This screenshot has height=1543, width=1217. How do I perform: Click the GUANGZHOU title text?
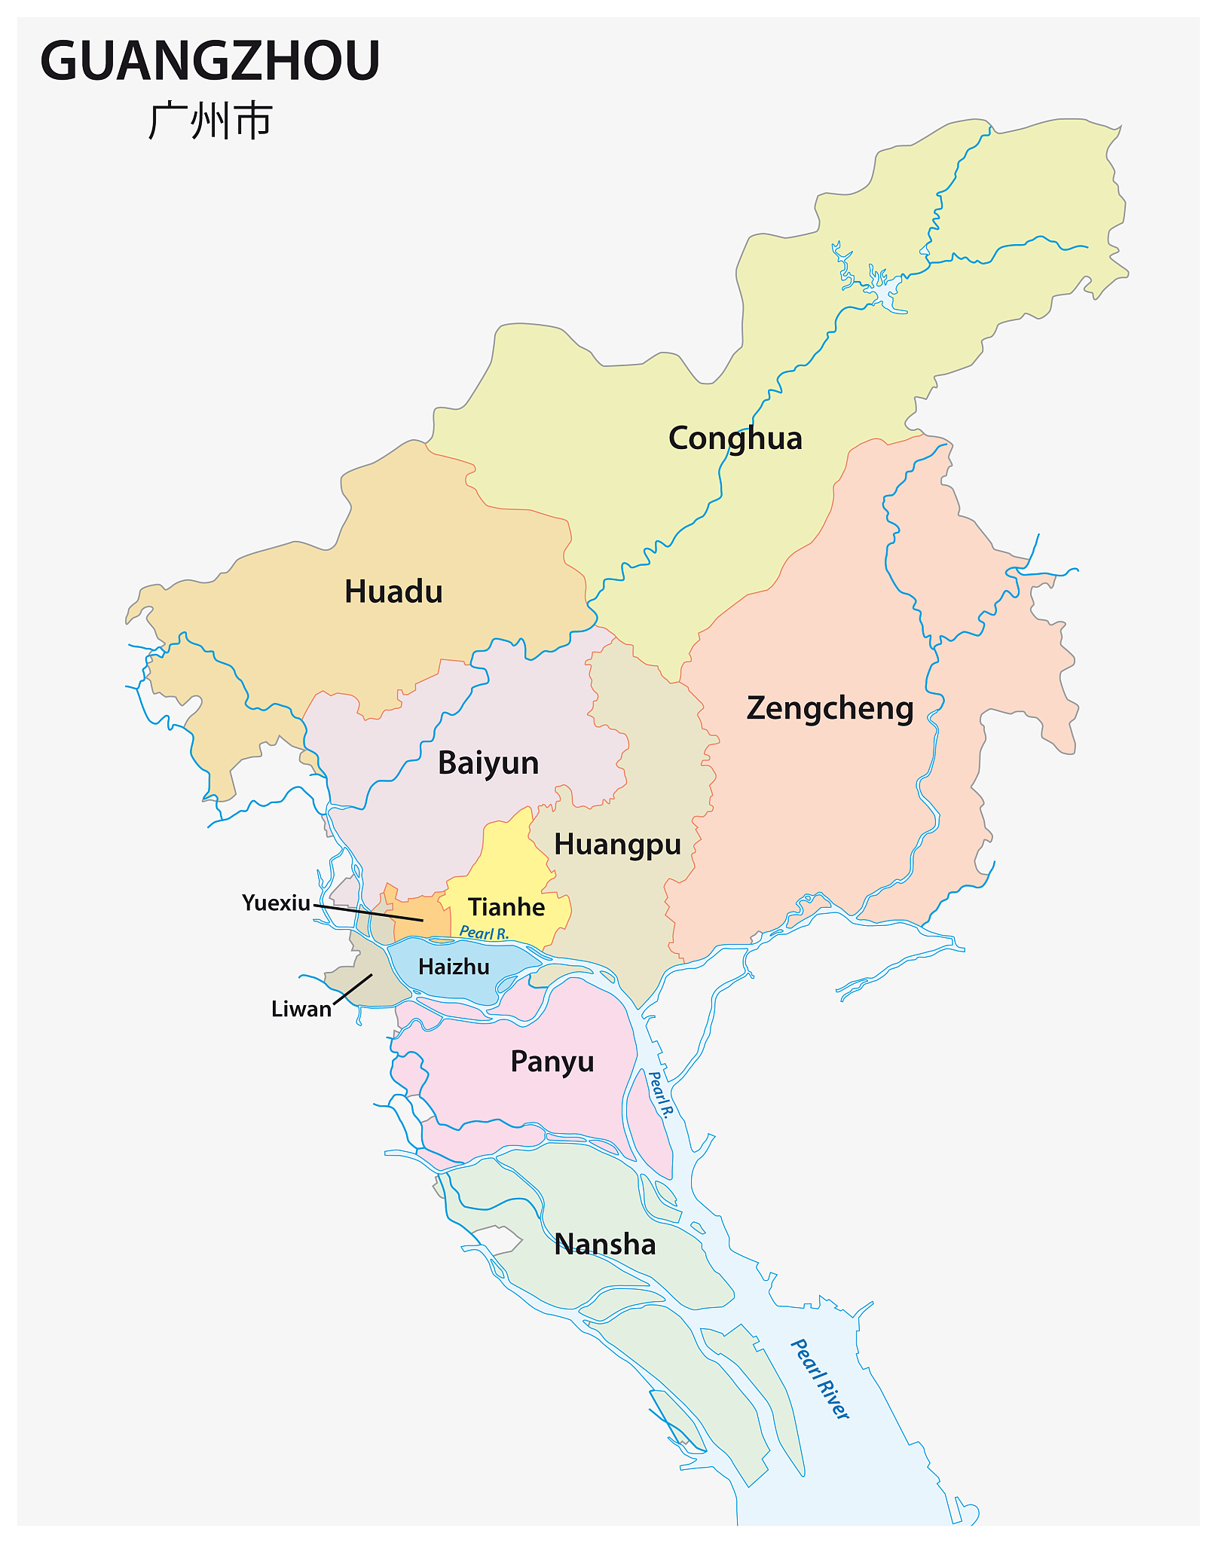tap(210, 61)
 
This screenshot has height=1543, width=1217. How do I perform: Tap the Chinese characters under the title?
tap(210, 121)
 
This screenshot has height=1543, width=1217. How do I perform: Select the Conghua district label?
tap(735, 438)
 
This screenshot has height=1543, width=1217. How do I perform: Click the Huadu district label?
tap(393, 592)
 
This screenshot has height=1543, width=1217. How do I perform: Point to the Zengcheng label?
tap(830, 709)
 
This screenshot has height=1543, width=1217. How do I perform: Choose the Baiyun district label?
tap(488, 763)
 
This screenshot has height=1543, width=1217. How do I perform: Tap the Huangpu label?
tap(617, 845)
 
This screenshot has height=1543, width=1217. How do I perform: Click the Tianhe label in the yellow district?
tap(506, 907)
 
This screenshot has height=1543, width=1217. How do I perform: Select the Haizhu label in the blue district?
tap(454, 967)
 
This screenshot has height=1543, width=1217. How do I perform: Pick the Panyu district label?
tap(552, 1062)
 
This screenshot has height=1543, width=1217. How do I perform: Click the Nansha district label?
tap(605, 1245)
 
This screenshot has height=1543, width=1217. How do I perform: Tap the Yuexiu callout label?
tap(276, 903)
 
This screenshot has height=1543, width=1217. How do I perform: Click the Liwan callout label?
tap(301, 1010)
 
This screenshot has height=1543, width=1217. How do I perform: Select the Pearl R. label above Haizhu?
tap(484, 933)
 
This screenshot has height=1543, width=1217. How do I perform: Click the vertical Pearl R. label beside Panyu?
tap(659, 1095)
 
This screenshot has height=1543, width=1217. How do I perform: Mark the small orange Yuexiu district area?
tap(422, 915)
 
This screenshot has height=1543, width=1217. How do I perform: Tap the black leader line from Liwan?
tap(353, 988)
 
